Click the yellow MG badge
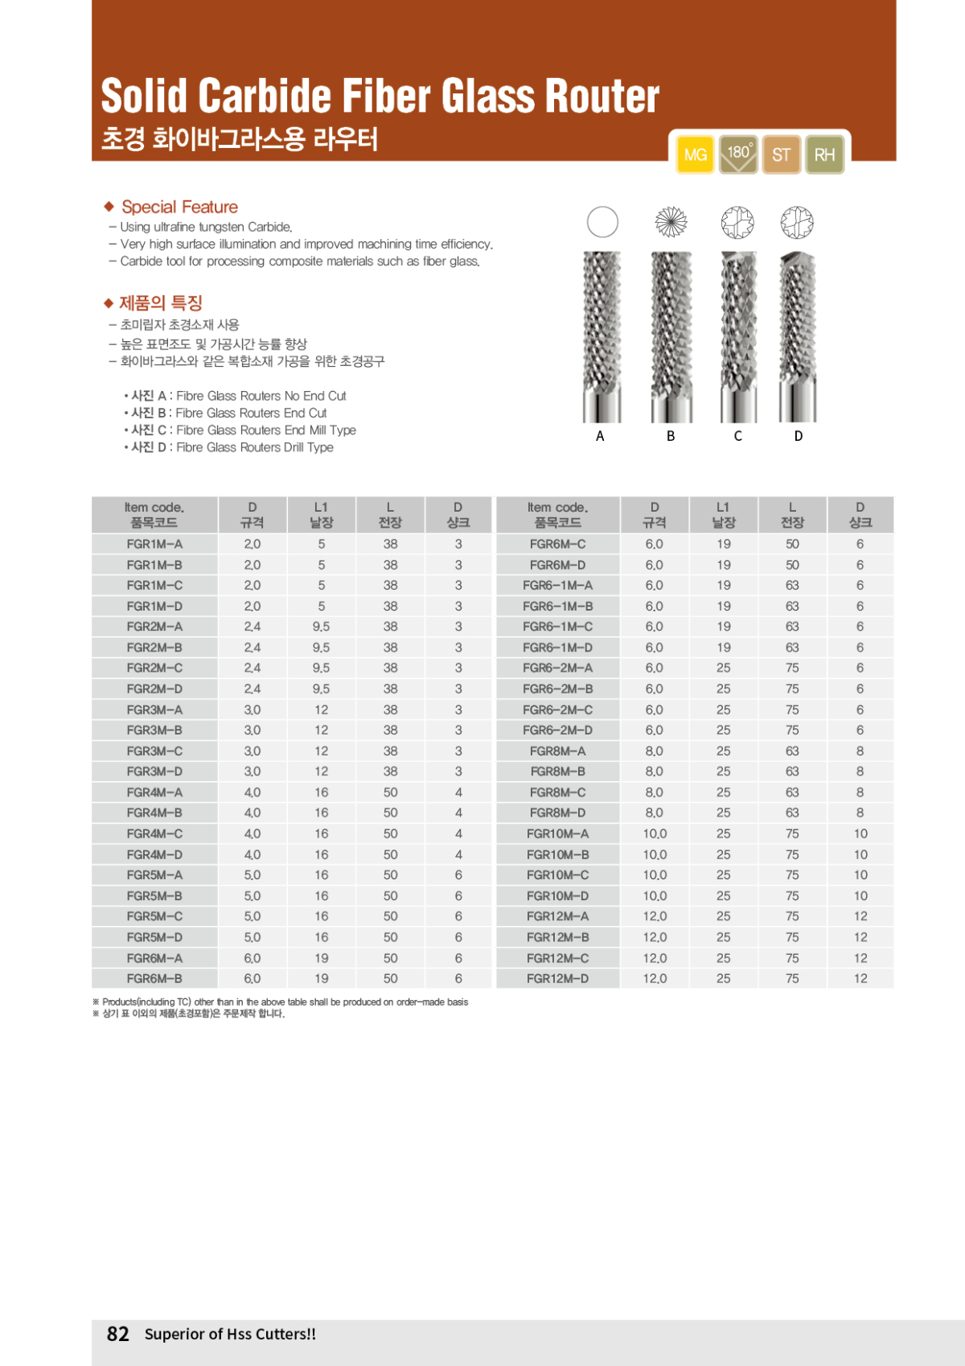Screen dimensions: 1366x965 click(x=696, y=154)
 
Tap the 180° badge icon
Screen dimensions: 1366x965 click(x=738, y=154)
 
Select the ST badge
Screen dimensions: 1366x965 click(x=782, y=154)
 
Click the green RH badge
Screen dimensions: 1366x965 click(x=824, y=154)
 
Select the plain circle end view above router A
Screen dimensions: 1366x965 click(x=602, y=222)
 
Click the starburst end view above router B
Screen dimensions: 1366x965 click(x=671, y=222)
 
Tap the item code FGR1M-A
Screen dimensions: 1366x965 click(x=154, y=544)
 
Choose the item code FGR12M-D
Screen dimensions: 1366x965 click(x=557, y=978)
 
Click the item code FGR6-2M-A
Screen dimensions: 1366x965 click(x=557, y=668)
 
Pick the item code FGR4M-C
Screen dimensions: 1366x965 click(x=154, y=833)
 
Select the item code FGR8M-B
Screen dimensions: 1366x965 click(x=557, y=771)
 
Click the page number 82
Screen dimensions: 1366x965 click(x=118, y=1334)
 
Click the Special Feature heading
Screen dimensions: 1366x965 click(x=179, y=207)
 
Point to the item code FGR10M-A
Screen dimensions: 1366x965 click(x=557, y=833)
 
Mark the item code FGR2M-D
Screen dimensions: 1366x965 click(x=154, y=689)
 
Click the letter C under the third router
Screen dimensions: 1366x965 click(x=737, y=436)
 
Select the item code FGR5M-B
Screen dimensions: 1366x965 click(x=154, y=895)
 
